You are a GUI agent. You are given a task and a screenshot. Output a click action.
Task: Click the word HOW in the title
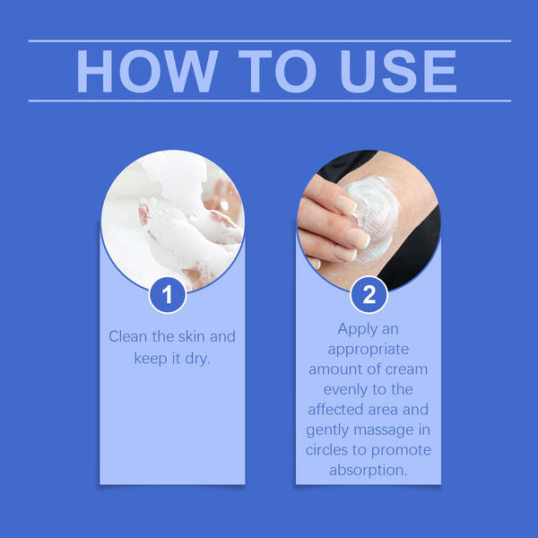(143, 71)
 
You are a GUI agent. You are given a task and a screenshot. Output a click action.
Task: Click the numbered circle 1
(167, 294)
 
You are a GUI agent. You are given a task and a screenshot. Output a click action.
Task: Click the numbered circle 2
(369, 294)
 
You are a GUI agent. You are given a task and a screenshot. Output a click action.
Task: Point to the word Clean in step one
(127, 337)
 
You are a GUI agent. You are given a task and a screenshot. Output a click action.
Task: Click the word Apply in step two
(356, 329)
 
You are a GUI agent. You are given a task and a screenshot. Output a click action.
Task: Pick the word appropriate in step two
(369, 350)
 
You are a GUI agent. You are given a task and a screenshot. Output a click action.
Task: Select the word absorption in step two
(369, 469)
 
